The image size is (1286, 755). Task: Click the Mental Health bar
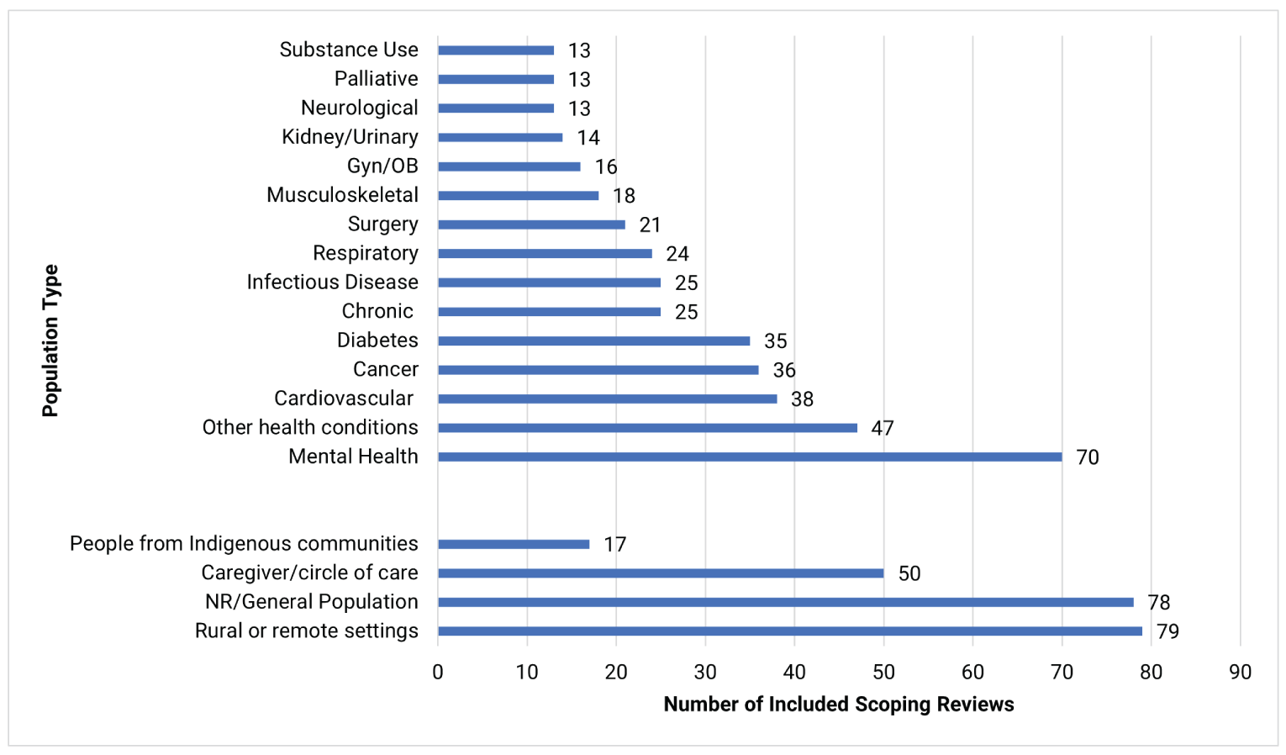pyautogui.click(x=749, y=457)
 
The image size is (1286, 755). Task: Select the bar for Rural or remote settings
pyautogui.click(x=789, y=631)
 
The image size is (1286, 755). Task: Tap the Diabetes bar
pyautogui.click(x=593, y=341)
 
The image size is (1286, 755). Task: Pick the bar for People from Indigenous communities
pyautogui.click(x=514, y=544)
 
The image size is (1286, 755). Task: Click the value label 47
pyautogui.click(x=882, y=428)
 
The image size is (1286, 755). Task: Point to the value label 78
pyautogui.click(x=1158, y=602)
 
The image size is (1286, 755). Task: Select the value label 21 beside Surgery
pyautogui.click(x=650, y=224)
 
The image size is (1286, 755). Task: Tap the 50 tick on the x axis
pyautogui.click(x=883, y=672)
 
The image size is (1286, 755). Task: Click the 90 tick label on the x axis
pyautogui.click(x=1240, y=672)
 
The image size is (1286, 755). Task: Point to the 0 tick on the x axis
pyautogui.click(x=438, y=672)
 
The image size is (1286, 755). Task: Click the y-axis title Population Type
pyautogui.click(x=50, y=341)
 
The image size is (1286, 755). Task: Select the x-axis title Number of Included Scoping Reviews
pyautogui.click(x=838, y=704)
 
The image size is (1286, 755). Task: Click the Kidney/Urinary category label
pyautogui.click(x=350, y=137)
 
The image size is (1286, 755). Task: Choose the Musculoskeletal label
pyautogui.click(x=342, y=195)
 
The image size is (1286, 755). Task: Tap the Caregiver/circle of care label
pyautogui.click(x=309, y=573)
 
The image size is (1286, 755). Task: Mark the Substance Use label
pyautogui.click(x=349, y=50)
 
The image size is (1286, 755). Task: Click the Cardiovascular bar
pyautogui.click(x=607, y=399)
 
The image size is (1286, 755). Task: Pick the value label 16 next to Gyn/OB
pyautogui.click(x=606, y=166)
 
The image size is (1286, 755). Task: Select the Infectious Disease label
pyautogui.click(x=332, y=282)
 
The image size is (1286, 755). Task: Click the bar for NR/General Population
pyautogui.click(x=785, y=602)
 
